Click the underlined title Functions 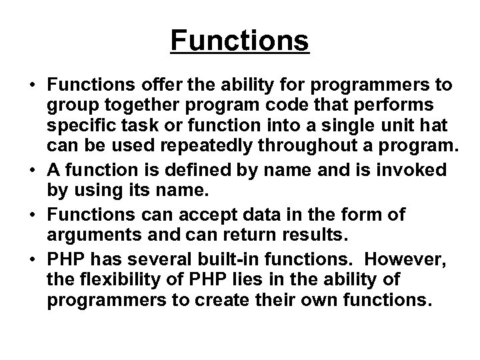click(x=240, y=40)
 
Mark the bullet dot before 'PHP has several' click(x=31, y=260)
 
